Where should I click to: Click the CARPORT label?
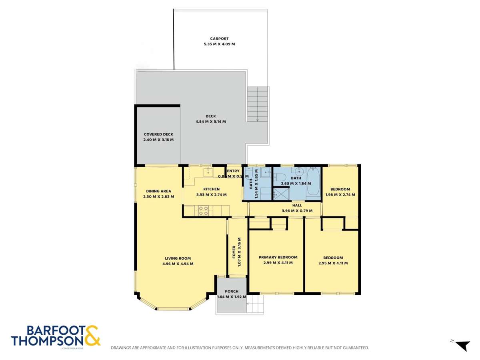219,39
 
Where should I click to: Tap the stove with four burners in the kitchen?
203,210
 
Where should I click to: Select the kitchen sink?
208,172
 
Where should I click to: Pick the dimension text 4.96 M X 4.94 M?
178,264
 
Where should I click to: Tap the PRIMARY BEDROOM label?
278,257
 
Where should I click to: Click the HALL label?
297,205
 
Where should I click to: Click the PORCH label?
232,291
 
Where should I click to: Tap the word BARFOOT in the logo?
55,330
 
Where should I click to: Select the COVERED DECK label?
158,134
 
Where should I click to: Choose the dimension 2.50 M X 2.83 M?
159,196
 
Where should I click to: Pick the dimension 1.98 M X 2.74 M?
340,195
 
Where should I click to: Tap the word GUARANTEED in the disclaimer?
354,348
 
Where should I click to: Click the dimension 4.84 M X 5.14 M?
210,122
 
